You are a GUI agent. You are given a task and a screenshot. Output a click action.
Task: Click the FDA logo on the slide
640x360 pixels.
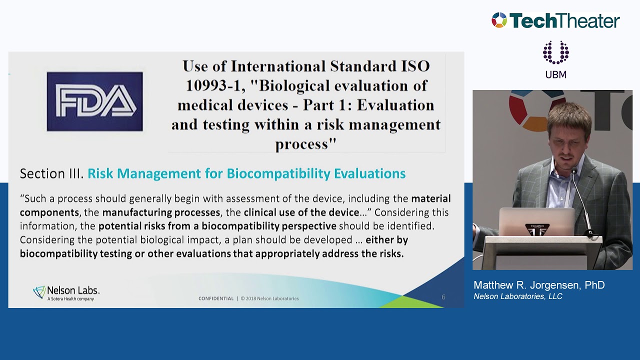(x=94, y=101)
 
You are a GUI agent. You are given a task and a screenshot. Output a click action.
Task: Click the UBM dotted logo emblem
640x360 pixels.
(x=555, y=52)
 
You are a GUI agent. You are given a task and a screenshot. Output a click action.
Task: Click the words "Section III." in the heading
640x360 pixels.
(x=51, y=173)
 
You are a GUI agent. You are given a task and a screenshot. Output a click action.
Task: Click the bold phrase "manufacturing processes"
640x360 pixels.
(x=161, y=212)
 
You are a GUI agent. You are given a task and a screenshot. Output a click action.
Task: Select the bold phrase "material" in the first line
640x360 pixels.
(x=430, y=198)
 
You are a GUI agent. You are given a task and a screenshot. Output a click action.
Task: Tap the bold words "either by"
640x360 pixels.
(x=386, y=240)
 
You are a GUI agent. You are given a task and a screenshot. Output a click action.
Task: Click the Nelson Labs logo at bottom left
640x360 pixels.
(x=66, y=293)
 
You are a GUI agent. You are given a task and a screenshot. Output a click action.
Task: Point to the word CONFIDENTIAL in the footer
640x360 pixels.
(x=216, y=298)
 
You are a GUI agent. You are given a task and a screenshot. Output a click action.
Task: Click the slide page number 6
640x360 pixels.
(x=443, y=297)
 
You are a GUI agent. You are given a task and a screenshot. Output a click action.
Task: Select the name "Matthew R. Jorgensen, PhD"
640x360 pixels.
(x=539, y=285)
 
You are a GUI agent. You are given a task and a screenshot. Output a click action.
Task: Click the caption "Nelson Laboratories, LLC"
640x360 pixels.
(x=518, y=296)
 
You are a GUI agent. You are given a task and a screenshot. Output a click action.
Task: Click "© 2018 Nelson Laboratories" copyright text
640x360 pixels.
(x=269, y=298)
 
